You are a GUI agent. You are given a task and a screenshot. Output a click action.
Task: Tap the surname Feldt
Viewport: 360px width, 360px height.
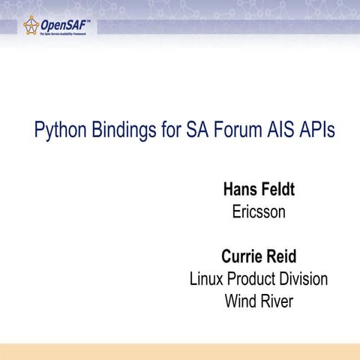277,189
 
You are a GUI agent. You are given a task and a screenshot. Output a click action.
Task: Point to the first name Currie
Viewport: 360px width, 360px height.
241,256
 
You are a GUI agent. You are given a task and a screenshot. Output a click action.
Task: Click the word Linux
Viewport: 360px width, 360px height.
207,280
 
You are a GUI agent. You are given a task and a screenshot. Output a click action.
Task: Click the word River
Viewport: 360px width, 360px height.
277,302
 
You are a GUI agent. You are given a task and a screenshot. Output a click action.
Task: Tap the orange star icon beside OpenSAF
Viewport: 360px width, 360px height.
31,27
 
